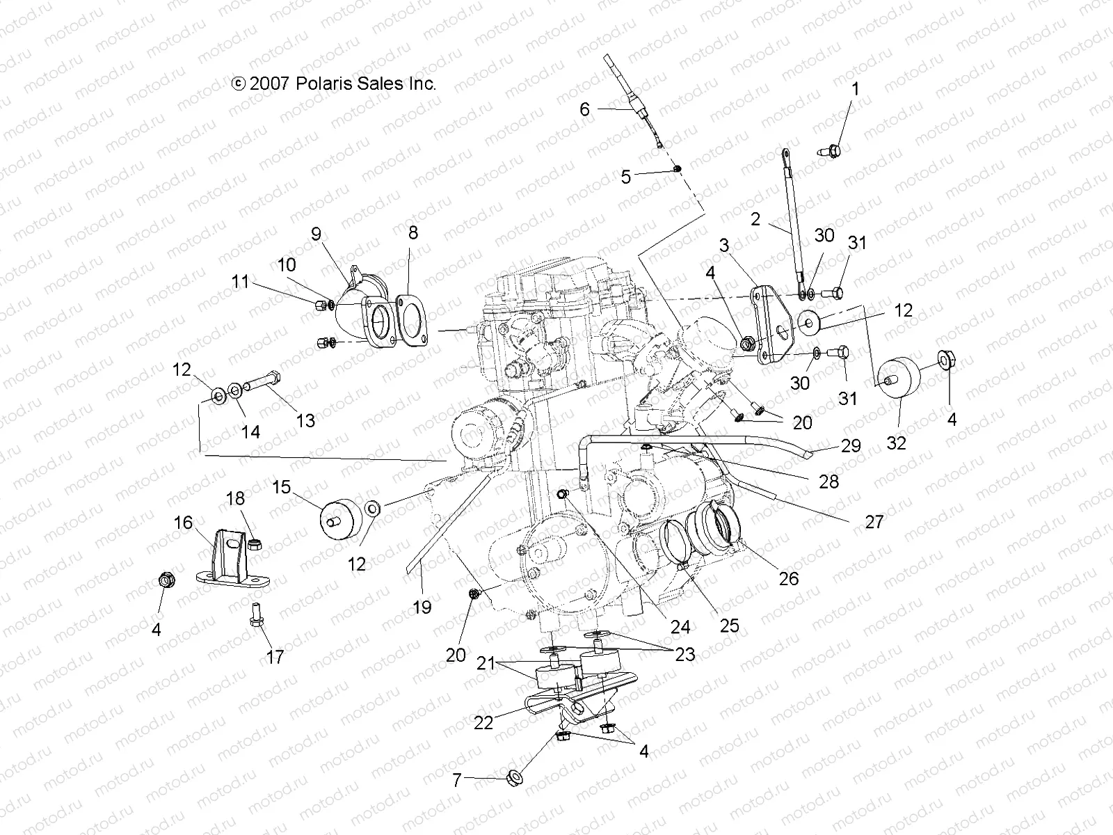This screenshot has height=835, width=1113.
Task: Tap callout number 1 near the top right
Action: (x=856, y=89)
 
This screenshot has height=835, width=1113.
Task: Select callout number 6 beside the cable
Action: (x=584, y=109)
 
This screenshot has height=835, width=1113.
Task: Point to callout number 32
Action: (x=896, y=443)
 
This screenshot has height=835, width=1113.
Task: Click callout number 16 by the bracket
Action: (x=183, y=523)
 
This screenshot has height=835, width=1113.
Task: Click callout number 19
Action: (x=422, y=607)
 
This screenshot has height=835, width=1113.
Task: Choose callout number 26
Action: (x=789, y=578)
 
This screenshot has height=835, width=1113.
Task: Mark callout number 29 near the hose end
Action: (x=851, y=445)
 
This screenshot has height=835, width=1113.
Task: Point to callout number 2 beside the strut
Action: (x=755, y=220)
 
